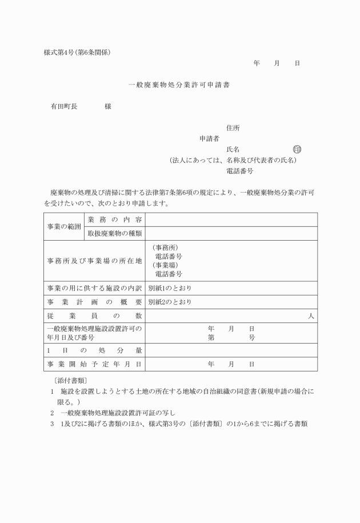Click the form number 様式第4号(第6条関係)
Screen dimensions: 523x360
(77, 53)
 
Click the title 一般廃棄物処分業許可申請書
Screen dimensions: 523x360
(180, 84)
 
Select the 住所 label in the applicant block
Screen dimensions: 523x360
(233, 127)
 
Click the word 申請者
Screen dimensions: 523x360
(209, 138)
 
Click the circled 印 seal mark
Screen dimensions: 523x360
(297, 149)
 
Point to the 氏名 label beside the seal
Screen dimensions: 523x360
(233, 149)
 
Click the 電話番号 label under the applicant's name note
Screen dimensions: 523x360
(239, 171)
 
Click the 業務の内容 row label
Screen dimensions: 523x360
(114, 219)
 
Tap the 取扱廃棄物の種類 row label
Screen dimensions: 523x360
(114, 233)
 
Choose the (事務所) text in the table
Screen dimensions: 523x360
(165, 248)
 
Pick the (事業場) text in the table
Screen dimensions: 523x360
(165, 265)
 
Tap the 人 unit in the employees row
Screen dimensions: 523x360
(311, 316)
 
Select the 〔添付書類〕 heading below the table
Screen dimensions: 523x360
(67, 380)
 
